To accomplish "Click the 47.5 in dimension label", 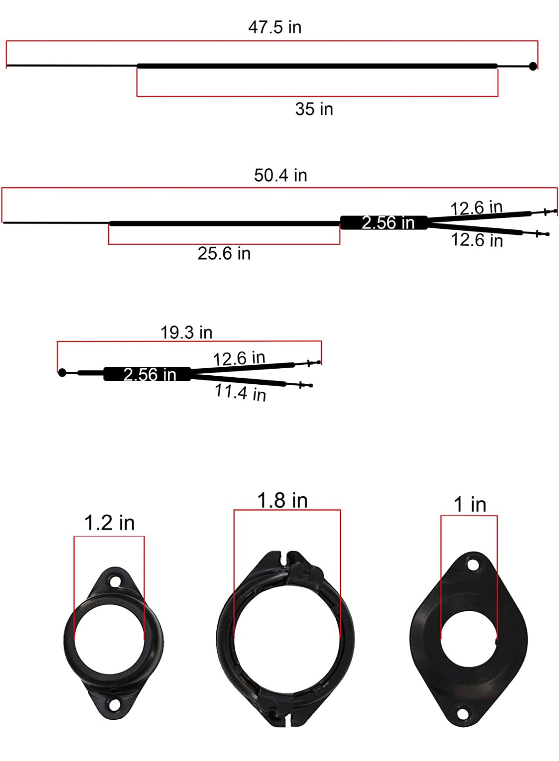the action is (x=275, y=27).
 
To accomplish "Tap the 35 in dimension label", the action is (x=314, y=109).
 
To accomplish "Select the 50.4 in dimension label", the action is (x=281, y=175).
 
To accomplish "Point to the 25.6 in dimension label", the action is (x=224, y=253).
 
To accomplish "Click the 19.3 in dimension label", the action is (x=186, y=332).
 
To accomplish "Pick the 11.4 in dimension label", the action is (x=240, y=393).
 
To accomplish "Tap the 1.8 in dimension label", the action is (x=283, y=501).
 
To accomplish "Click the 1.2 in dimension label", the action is (x=110, y=523).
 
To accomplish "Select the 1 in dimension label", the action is (x=470, y=504).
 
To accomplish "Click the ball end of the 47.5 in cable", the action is (x=533, y=66).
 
